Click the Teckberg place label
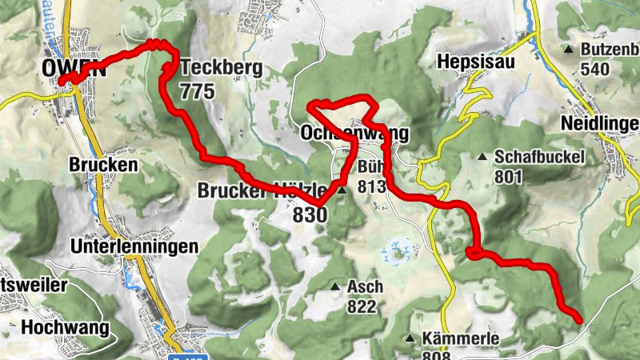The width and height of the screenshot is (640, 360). pyautogui.click(x=222, y=69)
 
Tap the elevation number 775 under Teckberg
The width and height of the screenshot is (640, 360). pyautogui.click(x=198, y=91)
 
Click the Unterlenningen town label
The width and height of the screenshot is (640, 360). pyautogui.click(x=134, y=246)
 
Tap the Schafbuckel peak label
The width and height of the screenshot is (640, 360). pyautogui.click(x=540, y=157)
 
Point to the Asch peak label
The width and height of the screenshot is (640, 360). pyautogui.click(x=365, y=286)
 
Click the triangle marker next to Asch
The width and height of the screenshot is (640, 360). pyautogui.click(x=335, y=286)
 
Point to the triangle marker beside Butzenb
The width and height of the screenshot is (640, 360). pyautogui.click(x=568, y=50)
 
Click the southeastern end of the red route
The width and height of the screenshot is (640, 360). pyautogui.click(x=578, y=320)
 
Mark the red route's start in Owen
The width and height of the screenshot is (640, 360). pyautogui.click(x=62, y=79)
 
